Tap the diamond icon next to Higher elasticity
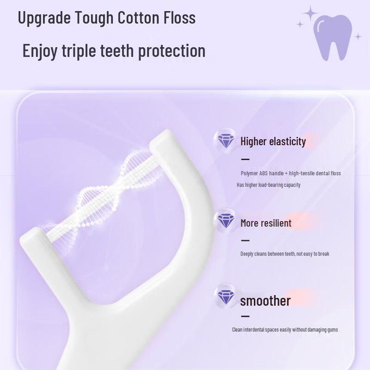coord(226,140)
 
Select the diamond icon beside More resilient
coord(226,221)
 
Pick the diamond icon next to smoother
coord(226,296)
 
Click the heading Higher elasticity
coord(273,142)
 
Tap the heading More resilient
coord(265,223)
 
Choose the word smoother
coord(265,301)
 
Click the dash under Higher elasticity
coord(245,159)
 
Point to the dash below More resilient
coord(245,240)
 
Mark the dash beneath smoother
coord(245,316)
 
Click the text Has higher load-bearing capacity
coord(268,185)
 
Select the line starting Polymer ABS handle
coord(290,173)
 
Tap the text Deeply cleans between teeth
coord(284,254)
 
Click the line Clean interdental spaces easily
coord(284,330)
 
